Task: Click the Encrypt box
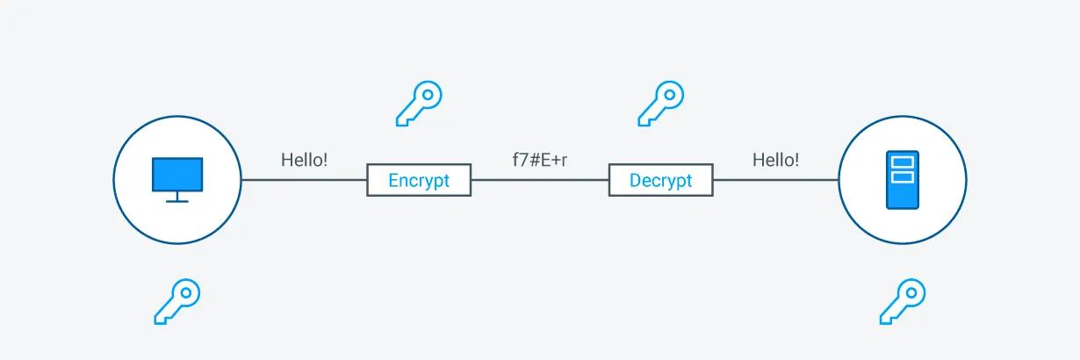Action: pos(419,180)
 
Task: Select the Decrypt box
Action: pos(660,180)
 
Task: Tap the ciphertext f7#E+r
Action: pos(539,161)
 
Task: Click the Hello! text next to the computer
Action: pos(304,160)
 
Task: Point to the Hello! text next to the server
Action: pos(775,160)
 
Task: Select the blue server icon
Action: pos(902,180)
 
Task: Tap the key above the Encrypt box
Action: pos(419,104)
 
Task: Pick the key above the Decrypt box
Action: pos(660,104)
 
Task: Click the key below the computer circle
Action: pos(177,301)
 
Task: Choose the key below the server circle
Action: pos(902,301)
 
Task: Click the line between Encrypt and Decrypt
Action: pos(539,180)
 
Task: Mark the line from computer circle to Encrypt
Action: pos(304,180)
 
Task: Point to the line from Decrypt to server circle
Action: pos(775,180)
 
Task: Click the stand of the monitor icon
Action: pos(177,198)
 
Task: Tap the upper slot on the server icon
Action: pos(902,162)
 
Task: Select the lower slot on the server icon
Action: pos(902,176)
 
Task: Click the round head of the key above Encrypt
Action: pos(428,94)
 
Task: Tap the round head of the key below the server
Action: pos(911,292)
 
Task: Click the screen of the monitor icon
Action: pos(177,174)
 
